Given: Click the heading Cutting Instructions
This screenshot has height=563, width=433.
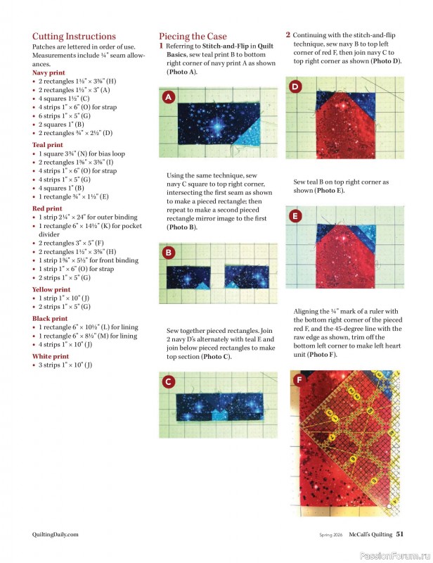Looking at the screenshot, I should [74, 37].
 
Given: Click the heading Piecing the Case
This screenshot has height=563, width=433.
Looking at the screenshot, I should [193, 37].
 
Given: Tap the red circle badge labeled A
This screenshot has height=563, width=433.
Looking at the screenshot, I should [169, 98].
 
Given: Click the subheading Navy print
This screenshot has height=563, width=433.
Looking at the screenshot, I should [49, 72].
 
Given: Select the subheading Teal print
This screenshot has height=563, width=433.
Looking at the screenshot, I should [47, 145].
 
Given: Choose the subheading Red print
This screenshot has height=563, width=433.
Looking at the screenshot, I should [46, 208].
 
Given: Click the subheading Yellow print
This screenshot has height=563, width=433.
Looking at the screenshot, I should [51, 289].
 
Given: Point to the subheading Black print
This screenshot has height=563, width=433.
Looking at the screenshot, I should [50, 318].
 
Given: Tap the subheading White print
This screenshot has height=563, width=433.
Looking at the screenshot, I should [51, 356].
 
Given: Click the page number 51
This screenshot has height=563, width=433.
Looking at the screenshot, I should [400, 533].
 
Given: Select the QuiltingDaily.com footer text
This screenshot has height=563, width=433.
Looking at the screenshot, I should [56, 533].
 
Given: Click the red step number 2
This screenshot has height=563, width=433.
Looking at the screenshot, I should [288, 34].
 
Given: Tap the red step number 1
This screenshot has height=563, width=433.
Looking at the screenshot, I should [161, 46].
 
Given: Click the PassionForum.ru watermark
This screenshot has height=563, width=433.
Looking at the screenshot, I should [394, 555].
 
